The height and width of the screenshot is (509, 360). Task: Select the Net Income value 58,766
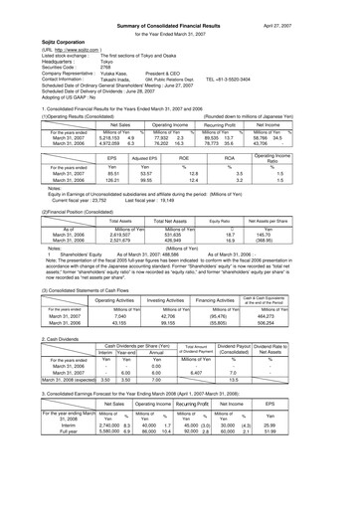317,136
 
